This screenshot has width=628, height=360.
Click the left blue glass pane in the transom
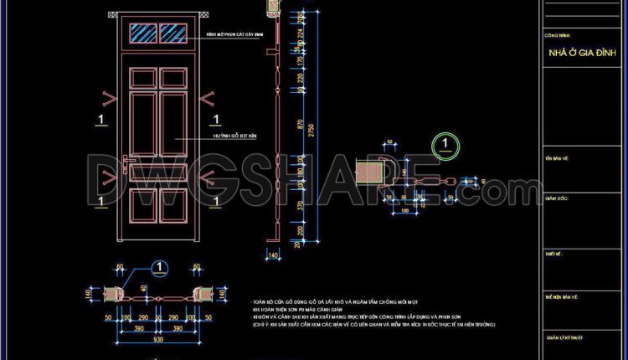pos(145,32)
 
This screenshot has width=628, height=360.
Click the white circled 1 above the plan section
pos(158,268)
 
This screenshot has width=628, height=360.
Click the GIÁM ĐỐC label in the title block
pos(557,198)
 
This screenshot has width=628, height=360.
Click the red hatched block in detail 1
pos(369,173)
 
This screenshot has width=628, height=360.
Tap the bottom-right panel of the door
pos(173,203)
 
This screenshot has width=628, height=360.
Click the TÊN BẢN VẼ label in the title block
pos(557,157)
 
